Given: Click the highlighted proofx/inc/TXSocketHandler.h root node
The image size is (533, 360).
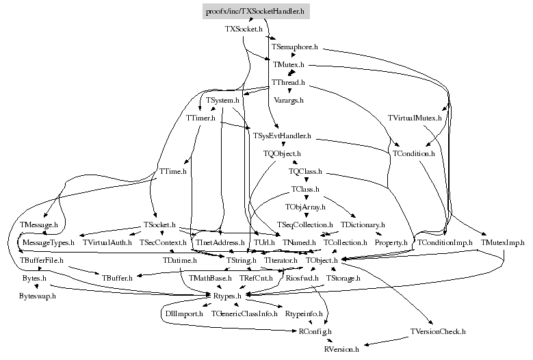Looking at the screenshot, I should (x=256, y=12).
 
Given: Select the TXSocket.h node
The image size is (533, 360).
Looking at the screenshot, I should (x=244, y=29).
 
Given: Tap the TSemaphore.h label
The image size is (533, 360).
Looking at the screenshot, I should (x=295, y=47).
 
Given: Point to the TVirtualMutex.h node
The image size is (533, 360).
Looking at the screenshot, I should (x=415, y=118).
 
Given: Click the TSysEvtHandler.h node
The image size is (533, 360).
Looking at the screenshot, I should (x=282, y=136).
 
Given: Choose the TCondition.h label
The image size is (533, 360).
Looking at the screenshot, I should (x=414, y=154).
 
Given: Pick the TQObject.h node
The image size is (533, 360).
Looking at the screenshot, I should (x=282, y=154).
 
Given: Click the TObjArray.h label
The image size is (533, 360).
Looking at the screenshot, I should (x=305, y=206).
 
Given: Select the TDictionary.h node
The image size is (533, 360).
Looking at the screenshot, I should (x=363, y=224).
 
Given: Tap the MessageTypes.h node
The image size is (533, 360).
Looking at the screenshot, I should (x=48, y=242).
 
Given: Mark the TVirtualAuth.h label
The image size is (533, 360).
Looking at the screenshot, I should (x=105, y=242).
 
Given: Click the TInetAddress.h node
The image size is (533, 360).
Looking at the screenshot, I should (x=220, y=242).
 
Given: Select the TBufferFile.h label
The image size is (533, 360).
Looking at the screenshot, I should (x=41, y=260).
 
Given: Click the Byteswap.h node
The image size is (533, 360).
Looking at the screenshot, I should (x=37, y=296).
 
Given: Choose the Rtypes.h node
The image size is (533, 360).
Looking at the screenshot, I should (x=226, y=296).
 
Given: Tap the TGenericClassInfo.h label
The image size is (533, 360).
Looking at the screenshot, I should (x=244, y=313).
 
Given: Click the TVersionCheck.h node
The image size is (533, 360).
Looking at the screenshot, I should (x=438, y=331).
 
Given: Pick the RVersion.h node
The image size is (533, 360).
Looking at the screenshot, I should (x=341, y=349).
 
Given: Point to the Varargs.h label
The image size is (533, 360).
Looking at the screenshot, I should (x=288, y=100).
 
